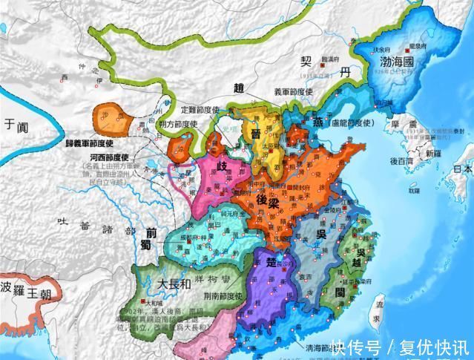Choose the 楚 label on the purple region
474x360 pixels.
(x=268, y=264)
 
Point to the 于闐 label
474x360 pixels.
(x=16, y=124)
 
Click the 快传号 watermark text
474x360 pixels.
(x=355, y=347)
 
